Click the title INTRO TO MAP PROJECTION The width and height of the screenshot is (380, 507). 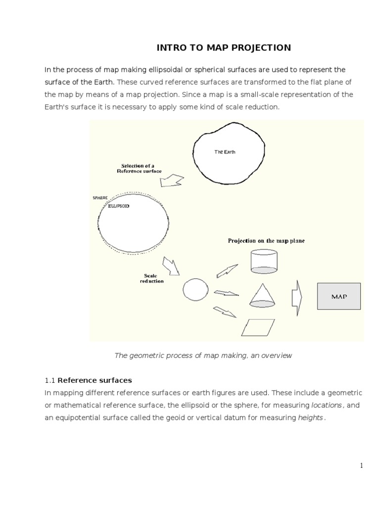click(224, 48)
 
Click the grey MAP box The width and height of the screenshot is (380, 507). click(339, 297)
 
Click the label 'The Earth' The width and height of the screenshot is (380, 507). click(225, 152)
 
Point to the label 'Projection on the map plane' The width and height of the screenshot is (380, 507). click(266, 241)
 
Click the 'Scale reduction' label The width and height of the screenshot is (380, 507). click(151, 278)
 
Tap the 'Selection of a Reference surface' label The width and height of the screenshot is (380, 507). click(142, 168)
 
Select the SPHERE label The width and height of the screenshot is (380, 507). click(100, 198)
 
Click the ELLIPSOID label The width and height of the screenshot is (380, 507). click(119, 206)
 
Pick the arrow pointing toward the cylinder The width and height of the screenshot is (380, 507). click(227, 271)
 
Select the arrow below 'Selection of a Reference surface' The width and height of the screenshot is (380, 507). click(171, 181)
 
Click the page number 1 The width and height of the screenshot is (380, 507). click(361, 465)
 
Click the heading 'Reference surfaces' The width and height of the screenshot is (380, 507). click(95, 380)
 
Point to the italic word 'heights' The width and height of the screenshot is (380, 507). click(311, 417)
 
